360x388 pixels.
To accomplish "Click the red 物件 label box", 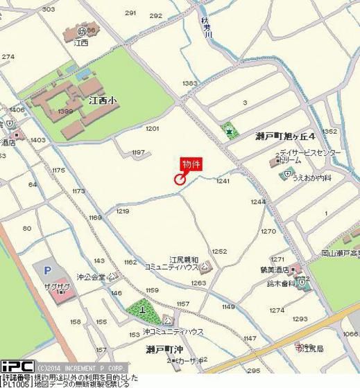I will pyautogui.click(x=191, y=164).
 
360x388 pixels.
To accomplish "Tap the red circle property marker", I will pyautogui.click(x=180, y=180).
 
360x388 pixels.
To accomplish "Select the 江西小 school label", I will pyautogui.click(x=103, y=100).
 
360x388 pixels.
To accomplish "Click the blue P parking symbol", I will pyautogui.click(x=48, y=271).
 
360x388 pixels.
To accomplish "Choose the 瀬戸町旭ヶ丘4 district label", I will pyautogui.click(x=285, y=136).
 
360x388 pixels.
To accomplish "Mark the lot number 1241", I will pyautogui.click(x=223, y=182).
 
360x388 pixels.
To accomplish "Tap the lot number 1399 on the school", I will pyautogui.click(x=66, y=112).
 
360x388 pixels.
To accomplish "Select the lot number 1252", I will pyautogui.click(x=219, y=252).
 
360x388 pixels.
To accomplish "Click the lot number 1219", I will pyautogui.click(x=123, y=211).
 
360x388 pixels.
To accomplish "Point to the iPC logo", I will pyautogui.click(x=17, y=367).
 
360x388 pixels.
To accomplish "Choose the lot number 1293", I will pyautogui.click(x=300, y=319).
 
